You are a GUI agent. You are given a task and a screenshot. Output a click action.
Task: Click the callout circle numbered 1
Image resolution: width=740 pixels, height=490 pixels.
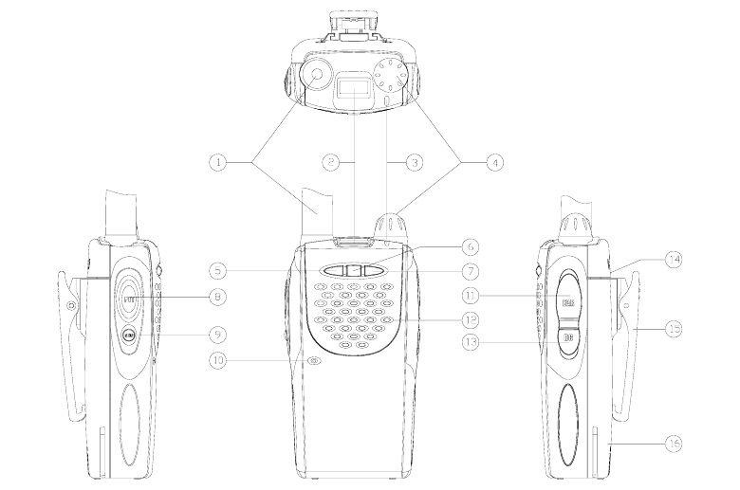click(x=220, y=163)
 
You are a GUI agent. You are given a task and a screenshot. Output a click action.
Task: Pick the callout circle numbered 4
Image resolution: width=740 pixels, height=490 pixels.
click(x=494, y=163)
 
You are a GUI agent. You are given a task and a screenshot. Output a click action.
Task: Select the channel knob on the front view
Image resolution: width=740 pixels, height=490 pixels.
click(x=391, y=228)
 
